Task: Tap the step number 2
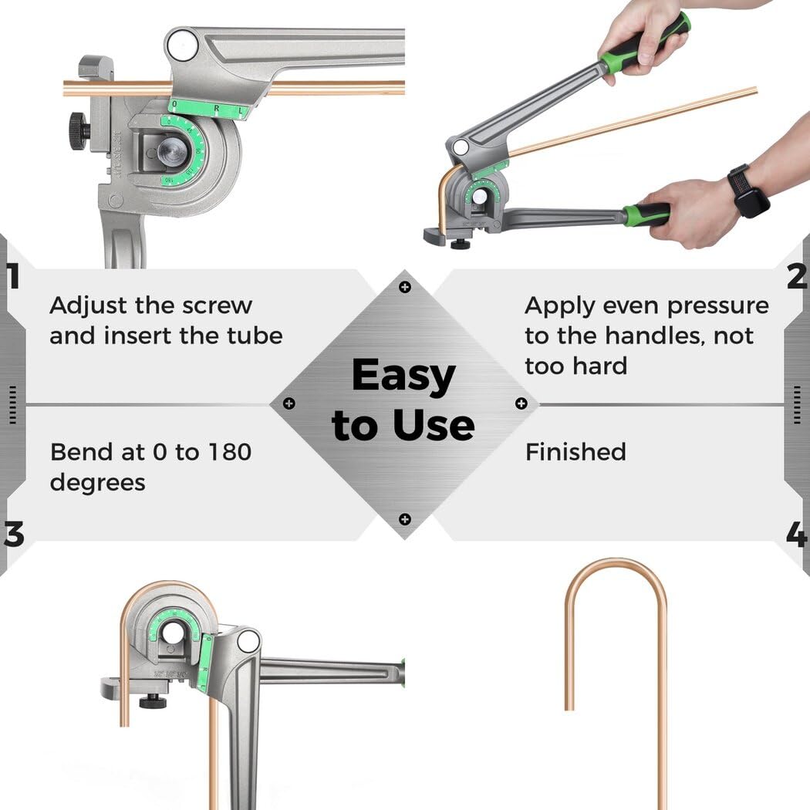click(798, 276)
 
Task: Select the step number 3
click(12, 535)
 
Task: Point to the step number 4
click(798, 535)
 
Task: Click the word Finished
click(575, 452)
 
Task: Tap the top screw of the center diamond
click(405, 287)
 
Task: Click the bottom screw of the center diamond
click(405, 519)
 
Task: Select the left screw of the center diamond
click(289, 403)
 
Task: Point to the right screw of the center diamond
click(521, 403)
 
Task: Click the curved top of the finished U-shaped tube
click(616, 563)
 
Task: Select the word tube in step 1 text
click(256, 336)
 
